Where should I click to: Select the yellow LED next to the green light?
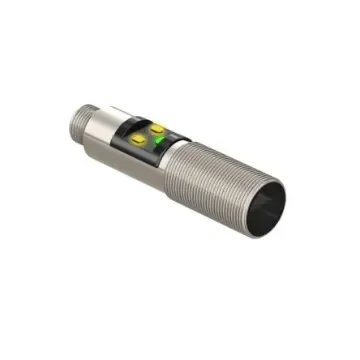(157, 127)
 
